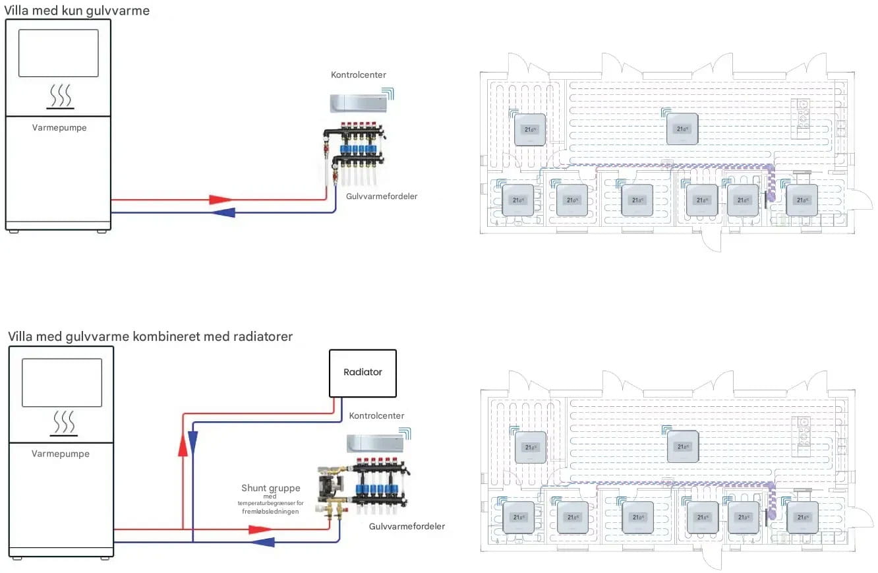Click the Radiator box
point(363,373)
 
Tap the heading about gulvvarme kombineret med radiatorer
point(150,336)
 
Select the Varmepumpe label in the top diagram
point(59,128)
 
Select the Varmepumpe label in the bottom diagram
point(61,454)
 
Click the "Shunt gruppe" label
point(271,488)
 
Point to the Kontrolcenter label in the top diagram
point(359,75)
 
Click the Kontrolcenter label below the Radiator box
point(376,415)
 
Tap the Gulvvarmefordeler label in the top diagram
point(382,196)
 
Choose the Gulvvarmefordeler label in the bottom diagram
point(407,526)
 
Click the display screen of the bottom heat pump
point(62,382)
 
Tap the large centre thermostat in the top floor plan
point(682,128)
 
